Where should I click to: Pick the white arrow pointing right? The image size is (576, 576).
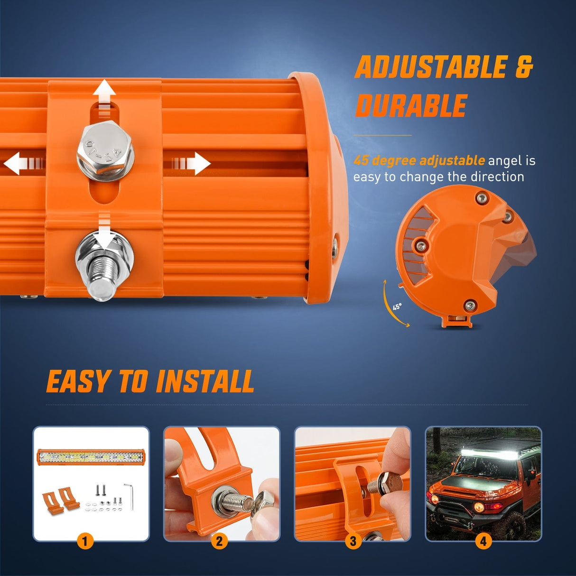[x=190, y=164]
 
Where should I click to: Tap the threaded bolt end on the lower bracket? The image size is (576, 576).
[x=102, y=277]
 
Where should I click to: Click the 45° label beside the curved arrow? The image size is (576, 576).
[x=397, y=307]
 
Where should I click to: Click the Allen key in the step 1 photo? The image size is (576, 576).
[x=130, y=497]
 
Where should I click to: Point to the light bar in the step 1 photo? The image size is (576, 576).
[x=91, y=457]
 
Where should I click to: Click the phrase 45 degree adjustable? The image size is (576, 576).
[x=419, y=161]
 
